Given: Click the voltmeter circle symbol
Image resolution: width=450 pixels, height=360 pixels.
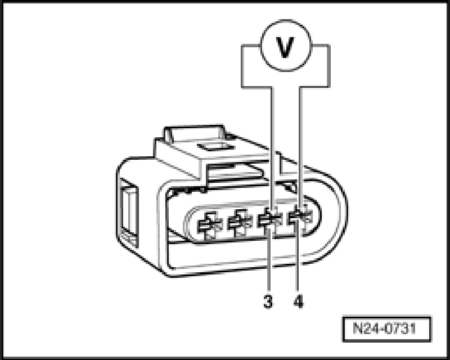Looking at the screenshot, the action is click(286, 47).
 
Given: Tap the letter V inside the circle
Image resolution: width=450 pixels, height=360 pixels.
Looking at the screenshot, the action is click(286, 48).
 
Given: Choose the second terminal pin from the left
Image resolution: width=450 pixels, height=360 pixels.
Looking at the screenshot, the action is click(238, 223).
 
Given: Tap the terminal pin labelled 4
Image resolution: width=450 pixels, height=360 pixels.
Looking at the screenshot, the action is click(299, 217).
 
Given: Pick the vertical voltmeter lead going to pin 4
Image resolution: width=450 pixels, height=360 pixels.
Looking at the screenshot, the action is click(300, 146).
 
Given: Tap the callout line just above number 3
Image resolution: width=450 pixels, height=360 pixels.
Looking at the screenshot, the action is click(269, 264).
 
